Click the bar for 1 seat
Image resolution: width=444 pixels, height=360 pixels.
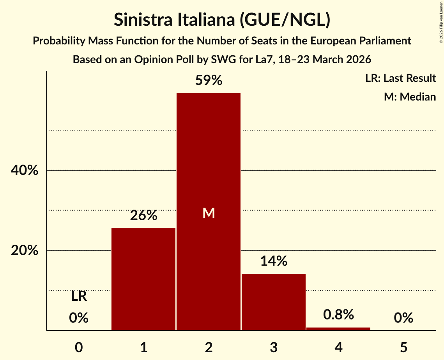point(143,279)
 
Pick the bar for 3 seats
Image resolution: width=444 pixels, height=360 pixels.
point(274,302)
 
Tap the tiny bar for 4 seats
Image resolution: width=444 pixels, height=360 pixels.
point(338,329)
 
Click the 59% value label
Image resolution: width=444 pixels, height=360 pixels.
point(209,81)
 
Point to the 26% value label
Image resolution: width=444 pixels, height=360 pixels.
point(143,215)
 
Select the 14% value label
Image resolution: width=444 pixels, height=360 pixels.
point(274,261)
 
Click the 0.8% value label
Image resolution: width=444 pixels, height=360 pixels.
point(338,314)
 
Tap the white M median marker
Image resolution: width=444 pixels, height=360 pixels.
point(209,213)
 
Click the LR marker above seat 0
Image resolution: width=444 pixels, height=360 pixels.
point(79,296)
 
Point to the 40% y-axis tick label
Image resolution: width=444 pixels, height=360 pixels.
point(25,171)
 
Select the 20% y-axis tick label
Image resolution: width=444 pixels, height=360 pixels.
point(25,251)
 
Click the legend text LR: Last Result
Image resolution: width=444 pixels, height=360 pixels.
point(400,78)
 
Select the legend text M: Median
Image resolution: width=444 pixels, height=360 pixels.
point(410,97)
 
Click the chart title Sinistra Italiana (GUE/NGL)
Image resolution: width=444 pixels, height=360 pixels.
point(222,19)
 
